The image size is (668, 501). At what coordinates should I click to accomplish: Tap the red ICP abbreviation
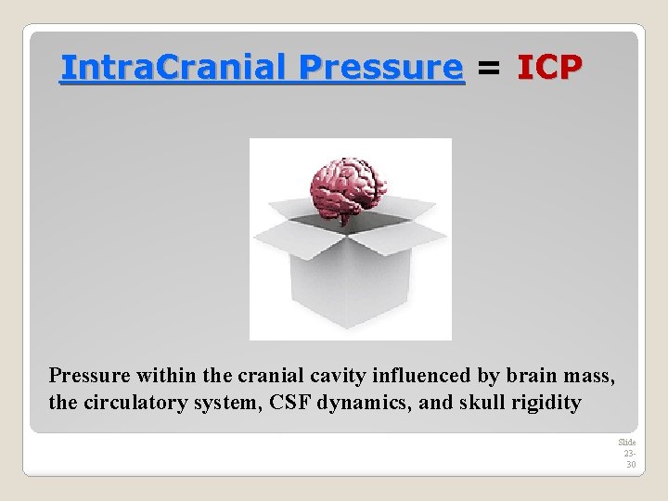549,67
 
